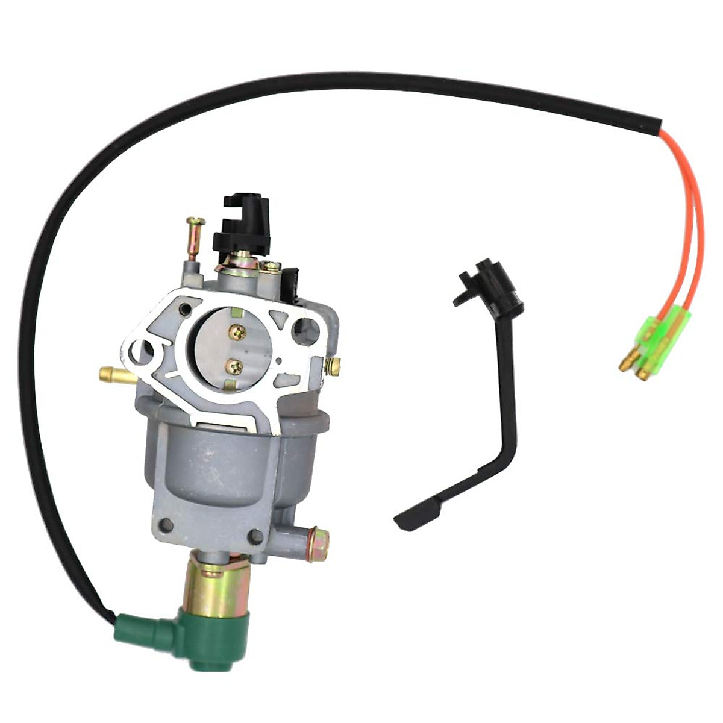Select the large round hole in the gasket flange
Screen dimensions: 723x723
[302, 330]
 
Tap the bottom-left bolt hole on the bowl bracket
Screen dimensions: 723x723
[166, 525]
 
